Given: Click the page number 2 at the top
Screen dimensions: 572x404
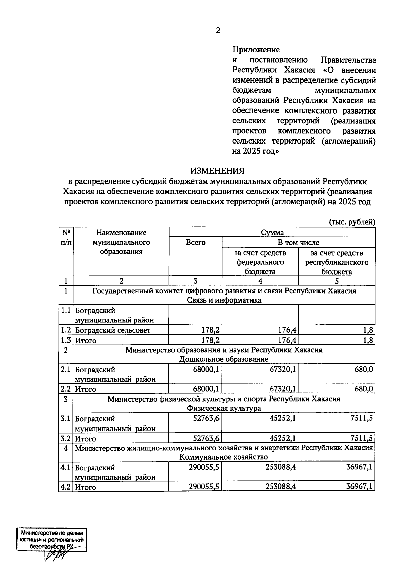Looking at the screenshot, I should pos(218,31).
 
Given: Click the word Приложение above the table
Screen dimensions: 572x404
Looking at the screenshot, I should pos(256,50).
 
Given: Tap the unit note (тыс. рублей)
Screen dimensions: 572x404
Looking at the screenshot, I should pos(351,222).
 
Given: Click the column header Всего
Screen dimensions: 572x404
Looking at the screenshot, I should pos(195,242).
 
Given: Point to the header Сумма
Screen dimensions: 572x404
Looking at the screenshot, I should pos(272,232).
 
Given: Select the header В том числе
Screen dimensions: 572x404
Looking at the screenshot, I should pos(298,242).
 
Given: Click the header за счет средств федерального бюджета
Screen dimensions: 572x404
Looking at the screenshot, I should pos(260,262).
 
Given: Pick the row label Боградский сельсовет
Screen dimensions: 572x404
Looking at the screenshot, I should pos(113,330).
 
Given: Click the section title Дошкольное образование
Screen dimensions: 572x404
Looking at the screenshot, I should pos(224,359).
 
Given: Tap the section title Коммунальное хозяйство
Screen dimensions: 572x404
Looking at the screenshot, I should pos(224,457).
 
